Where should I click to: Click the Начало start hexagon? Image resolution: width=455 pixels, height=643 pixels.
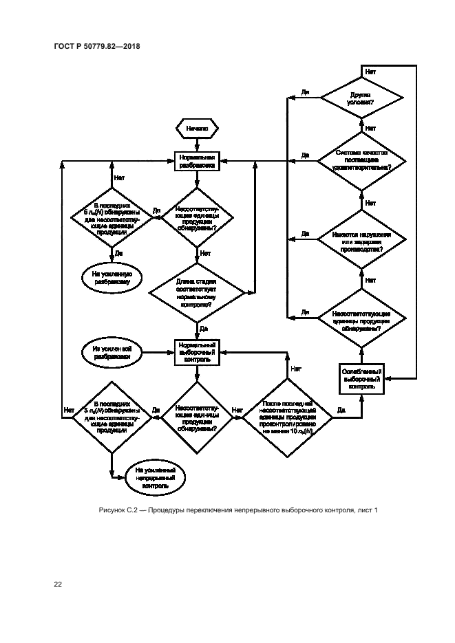pyautogui.click(x=197, y=129)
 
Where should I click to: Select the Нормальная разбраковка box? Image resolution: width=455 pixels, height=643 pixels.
pyautogui.click(x=197, y=161)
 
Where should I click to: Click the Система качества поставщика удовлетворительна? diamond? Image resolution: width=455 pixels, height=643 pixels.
pyautogui.click(x=360, y=161)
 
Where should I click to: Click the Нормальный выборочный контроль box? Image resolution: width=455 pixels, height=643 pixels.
pyautogui.click(x=197, y=352)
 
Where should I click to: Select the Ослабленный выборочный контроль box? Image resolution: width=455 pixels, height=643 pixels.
pyautogui.click(x=361, y=378)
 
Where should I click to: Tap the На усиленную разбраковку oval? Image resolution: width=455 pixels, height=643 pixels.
pyautogui.click(x=112, y=276)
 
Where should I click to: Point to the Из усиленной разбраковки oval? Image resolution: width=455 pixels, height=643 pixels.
pyautogui.click(x=112, y=352)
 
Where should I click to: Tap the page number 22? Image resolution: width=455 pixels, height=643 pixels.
pyautogui.click(x=59, y=584)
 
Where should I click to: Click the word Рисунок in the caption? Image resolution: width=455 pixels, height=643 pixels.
pyautogui.click(x=113, y=510)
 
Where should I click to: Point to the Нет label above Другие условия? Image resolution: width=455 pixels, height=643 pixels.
pyautogui.click(x=370, y=72)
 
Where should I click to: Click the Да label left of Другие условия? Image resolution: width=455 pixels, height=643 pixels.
pyautogui.click(x=305, y=91)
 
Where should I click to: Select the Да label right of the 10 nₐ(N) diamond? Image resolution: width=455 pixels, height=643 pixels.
pyautogui.click(x=340, y=411)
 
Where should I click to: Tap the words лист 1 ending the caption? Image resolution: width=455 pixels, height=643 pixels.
pyautogui.click(x=368, y=510)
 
